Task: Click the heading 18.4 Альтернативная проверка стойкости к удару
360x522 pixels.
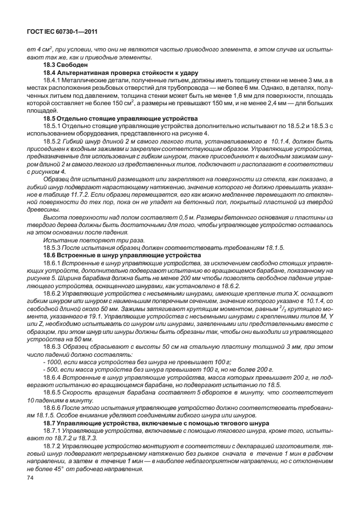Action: pyautogui.click(x=121, y=73)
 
